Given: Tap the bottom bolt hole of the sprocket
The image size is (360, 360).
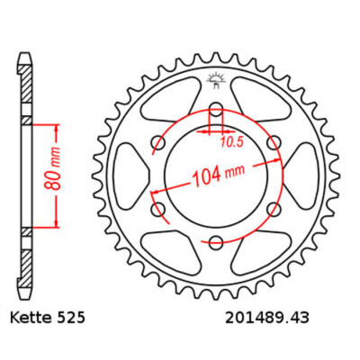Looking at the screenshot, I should tap(216, 241).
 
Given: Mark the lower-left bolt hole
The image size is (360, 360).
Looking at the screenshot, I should tap(159, 209).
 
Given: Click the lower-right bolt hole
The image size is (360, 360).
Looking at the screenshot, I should tap(273, 209).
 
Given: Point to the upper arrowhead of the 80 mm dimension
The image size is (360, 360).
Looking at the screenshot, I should tap(57, 123).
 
